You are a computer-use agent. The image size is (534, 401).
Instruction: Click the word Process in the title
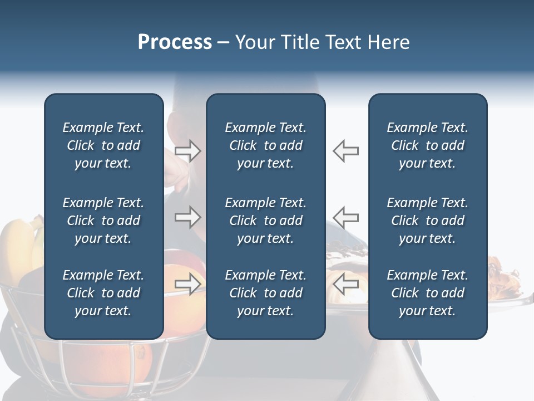click(x=175, y=42)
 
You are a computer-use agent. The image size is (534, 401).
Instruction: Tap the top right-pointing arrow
click(x=188, y=150)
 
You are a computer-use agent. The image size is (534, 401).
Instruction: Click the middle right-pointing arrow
click(x=188, y=217)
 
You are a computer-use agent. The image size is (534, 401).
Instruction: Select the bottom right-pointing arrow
click(x=188, y=283)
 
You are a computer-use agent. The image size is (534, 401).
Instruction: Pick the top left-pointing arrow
click(x=345, y=150)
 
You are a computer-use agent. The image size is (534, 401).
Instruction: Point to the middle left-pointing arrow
click(x=345, y=217)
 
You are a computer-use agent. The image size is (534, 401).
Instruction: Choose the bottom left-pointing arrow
click(x=345, y=283)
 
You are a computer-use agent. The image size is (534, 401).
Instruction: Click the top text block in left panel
click(x=103, y=145)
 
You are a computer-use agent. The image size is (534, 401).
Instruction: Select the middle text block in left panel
click(x=103, y=221)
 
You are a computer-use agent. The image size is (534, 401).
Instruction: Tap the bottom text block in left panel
click(x=103, y=293)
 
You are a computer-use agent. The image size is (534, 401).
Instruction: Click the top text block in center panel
click(x=265, y=145)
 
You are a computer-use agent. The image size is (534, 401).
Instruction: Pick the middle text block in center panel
click(x=265, y=221)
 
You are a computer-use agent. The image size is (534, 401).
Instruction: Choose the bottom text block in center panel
click(x=265, y=293)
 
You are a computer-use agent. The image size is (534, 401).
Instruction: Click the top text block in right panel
click(x=427, y=145)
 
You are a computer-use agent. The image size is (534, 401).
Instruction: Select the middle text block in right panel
click(x=427, y=221)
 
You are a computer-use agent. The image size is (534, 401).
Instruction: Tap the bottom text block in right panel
click(x=427, y=293)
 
